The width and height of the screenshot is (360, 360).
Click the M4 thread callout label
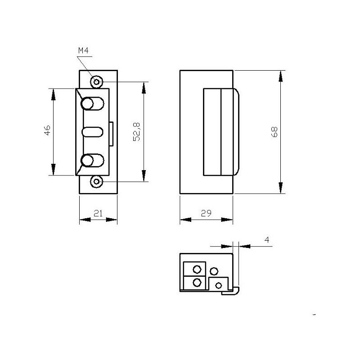(x=83, y=51)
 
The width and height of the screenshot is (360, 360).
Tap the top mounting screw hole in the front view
(x=96, y=82)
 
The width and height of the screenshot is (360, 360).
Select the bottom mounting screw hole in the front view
(x=96, y=182)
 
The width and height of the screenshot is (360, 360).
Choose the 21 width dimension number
(x=98, y=214)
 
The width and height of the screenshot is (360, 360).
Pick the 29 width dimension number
(x=207, y=214)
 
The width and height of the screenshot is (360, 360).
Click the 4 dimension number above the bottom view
(x=267, y=240)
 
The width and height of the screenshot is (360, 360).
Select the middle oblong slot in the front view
(x=92, y=132)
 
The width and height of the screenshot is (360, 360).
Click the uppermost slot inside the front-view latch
(x=92, y=104)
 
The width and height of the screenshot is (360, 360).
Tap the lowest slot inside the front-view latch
(x=92, y=161)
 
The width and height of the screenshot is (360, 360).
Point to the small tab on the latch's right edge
(x=111, y=133)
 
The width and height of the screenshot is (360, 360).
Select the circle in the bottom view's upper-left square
(x=197, y=270)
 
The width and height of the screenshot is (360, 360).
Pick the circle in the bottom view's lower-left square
(x=197, y=283)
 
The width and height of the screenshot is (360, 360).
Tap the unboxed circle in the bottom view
(x=214, y=271)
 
